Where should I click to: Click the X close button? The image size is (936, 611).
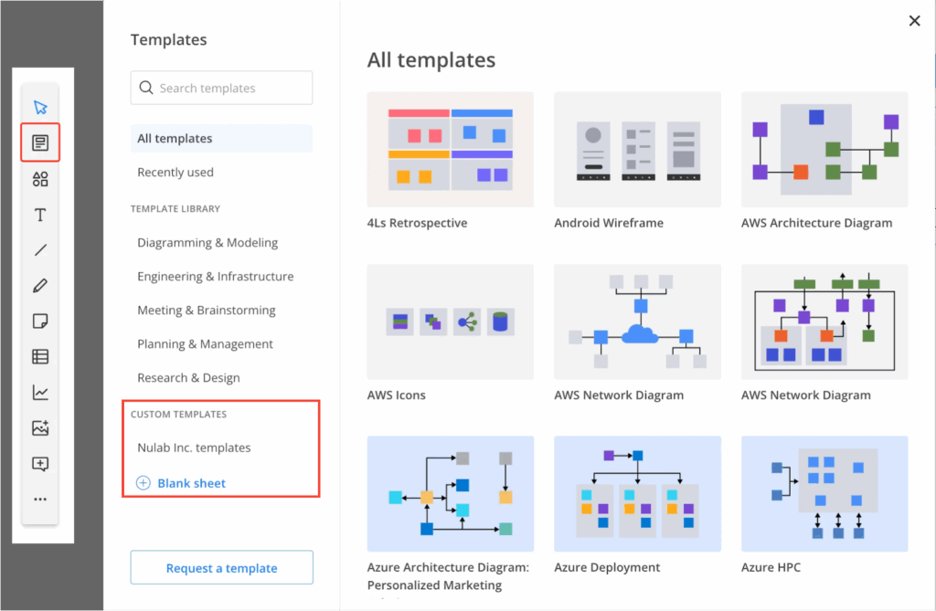pyautogui.click(x=914, y=21)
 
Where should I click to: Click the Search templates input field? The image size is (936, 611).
pyautogui.click(x=221, y=89)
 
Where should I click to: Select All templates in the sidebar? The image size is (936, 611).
pyautogui.click(x=175, y=139)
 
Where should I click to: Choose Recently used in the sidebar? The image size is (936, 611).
pyautogui.click(x=175, y=173)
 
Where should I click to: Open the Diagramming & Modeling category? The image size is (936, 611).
pyautogui.click(x=207, y=243)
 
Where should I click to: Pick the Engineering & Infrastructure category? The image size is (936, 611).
pyautogui.click(x=216, y=277)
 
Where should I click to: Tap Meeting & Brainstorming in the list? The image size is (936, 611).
pyautogui.click(x=206, y=311)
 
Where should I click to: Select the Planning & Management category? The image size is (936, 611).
pyautogui.click(x=205, y=344)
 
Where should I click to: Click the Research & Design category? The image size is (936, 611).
pyautogui.click(x=188, y=378)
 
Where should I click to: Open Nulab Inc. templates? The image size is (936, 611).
pyautogui.click(x=194, y=448)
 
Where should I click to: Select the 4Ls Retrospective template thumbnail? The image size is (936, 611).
pyautogui.click(x=451, y=149)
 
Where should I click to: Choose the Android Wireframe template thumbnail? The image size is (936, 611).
pyautogui.click(x=637, y=149)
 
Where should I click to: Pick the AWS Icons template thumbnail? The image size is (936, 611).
pyautogui.click(x=451, y=322)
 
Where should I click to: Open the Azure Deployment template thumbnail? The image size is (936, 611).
pyautogui.click(x=637, y=493)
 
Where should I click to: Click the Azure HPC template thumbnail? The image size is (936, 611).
pyautogui.click(x=824, y=493)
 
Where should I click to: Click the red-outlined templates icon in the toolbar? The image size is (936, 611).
pyautogui.click(x=40, y=142)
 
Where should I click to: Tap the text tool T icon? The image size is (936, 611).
pyautogui.click(x=40, y=216)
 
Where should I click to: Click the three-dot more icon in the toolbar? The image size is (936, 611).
pyautogui.click(x=40, y=500)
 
